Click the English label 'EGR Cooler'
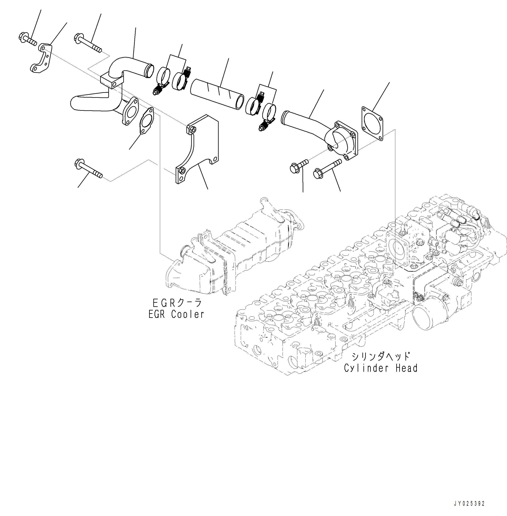pyautogui.click(x=176, y=314)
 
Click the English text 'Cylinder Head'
pyautogui.click(x=381, y=368)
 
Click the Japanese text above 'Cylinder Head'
pyautogui.click(x=381, y=356)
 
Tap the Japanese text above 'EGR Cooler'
pyautogui.click(x=177, y=303)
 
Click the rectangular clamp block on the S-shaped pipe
pyautogui.click(x=112, y=81)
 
